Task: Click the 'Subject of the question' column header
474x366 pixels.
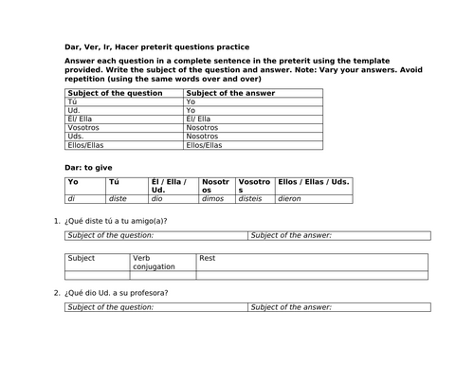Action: pos(104,92)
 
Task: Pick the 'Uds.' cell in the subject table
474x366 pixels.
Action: pos(77,137)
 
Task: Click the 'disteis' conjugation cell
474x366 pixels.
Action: pos(252,199)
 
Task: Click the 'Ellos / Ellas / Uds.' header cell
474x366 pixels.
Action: pos(314,181)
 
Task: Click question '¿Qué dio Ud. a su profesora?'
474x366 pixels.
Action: pos(118,292)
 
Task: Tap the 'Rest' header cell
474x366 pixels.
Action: pos(208,257)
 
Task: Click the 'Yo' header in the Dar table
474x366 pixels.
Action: pos(74,181)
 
